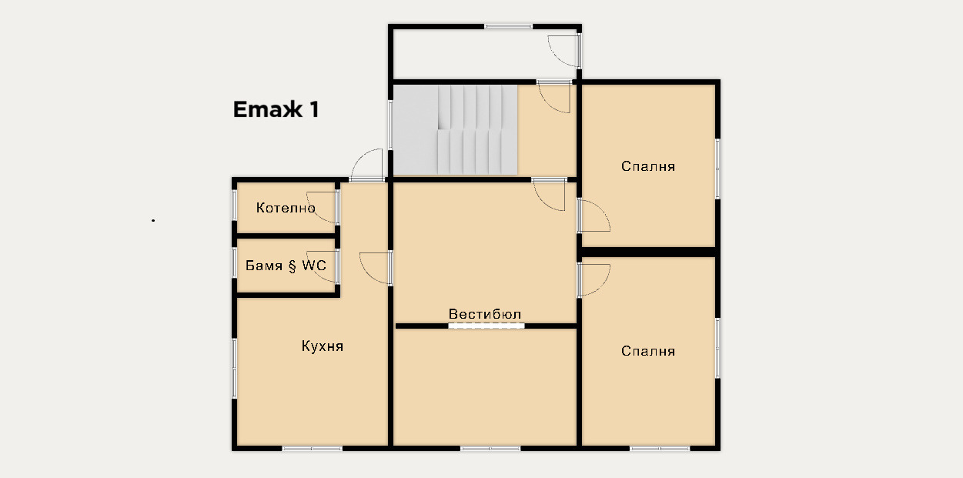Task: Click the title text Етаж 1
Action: (276, 109)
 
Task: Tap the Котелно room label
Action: (286, 208)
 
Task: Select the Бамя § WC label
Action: (286, 266)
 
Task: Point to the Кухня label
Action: (323, 346)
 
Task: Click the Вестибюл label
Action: (485, 314)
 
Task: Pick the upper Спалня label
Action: (648, 166)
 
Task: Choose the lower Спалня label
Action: (648, 351)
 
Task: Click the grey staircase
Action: (455, 130)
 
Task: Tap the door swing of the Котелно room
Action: (322, 207)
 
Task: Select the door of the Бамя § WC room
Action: (322, 266)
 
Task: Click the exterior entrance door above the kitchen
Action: (366, 165)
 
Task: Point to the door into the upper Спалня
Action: (594, 216)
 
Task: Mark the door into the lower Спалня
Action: (594, 280)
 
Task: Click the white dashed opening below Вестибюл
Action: (487, 326)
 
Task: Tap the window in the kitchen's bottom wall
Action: (312, 448)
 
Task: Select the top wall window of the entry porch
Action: (509, 27)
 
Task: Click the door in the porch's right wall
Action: (564, 51)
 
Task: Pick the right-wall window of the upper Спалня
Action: (717, 169)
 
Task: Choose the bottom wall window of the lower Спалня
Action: (660, 448)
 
